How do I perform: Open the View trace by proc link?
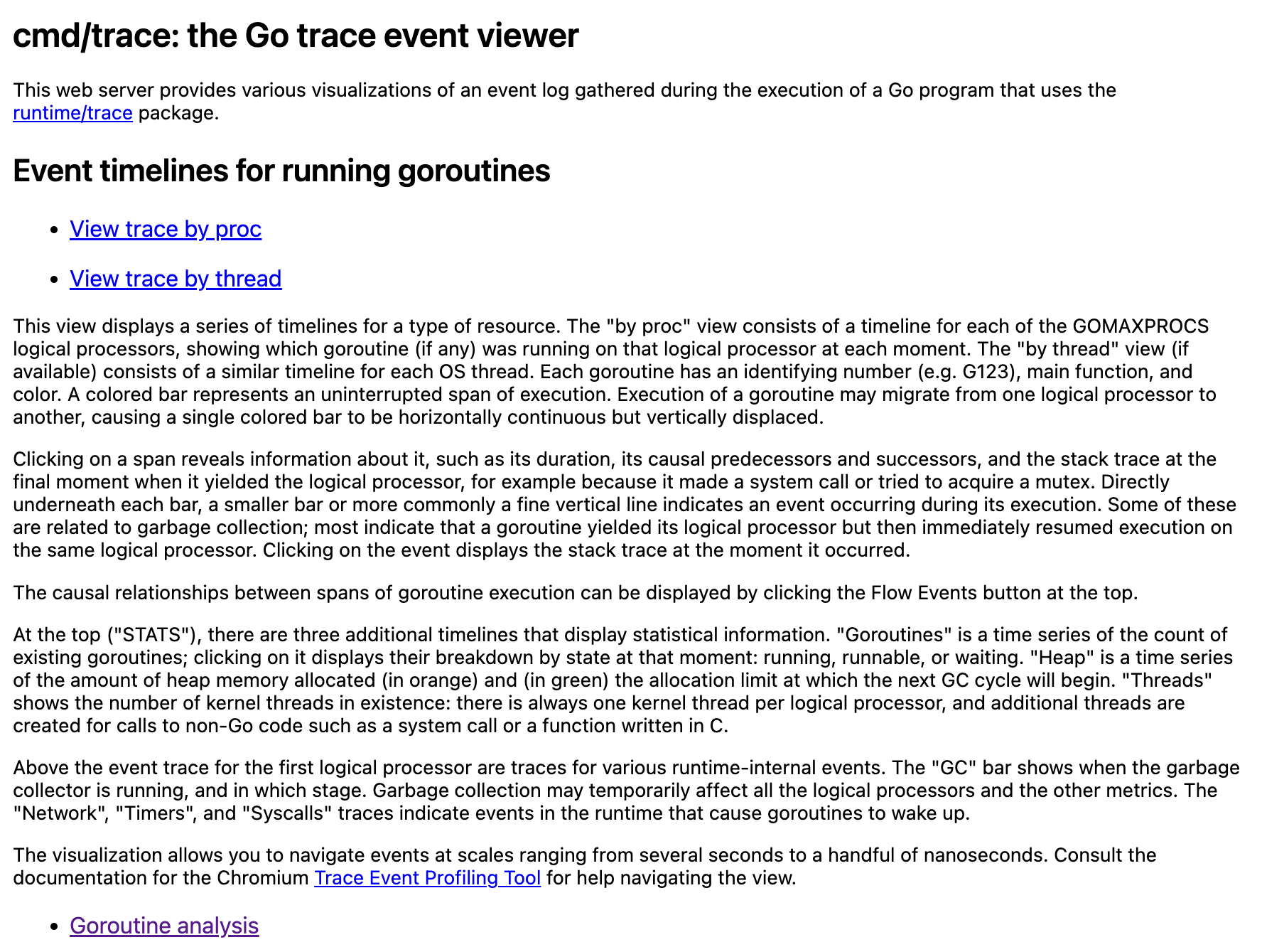click(165, 229)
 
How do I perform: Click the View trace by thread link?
click(175, 279)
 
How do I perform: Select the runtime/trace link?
click(72, 113)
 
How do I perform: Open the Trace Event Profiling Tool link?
click(427, 878)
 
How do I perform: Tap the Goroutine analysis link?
click(164, 926)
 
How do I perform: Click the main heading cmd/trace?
click(295, 36)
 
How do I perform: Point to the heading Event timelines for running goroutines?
click(281, 171)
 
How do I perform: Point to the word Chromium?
click(262, 878)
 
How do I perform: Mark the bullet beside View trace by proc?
click(55, 230)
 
